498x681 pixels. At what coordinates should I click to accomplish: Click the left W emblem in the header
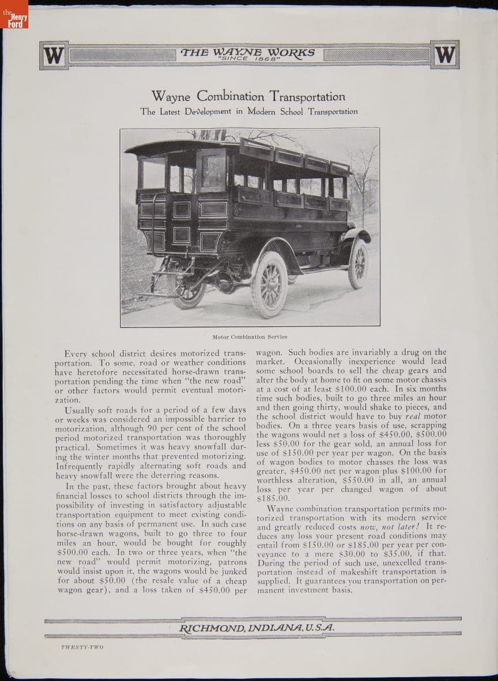coord(54,55)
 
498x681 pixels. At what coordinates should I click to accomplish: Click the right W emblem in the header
coord(445,55)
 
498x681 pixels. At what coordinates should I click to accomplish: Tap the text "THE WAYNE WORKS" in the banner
coord(247,52)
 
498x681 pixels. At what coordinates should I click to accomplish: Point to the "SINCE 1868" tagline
coord(247,59)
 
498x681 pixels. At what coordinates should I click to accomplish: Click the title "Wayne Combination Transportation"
coord(248,96)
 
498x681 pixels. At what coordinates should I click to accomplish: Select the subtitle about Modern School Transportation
coord(249,111)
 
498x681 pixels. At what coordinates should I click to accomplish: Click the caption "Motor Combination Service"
coord(250,337)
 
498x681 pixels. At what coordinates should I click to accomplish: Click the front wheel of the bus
coord(358,263)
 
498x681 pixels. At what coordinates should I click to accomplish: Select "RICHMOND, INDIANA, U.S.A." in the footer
coord(256,628)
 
